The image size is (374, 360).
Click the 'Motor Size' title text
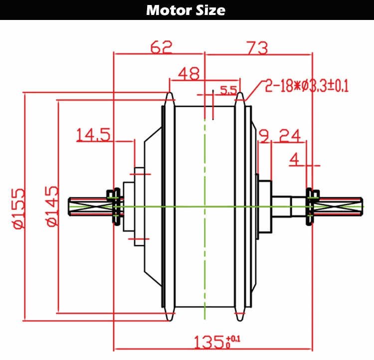[186, 10]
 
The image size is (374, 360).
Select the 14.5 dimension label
[93, 135]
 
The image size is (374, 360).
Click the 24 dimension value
[289, 135]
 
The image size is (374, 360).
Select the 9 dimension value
[264, 135]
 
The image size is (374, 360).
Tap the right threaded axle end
[339, 205]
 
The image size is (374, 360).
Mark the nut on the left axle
[115, 206]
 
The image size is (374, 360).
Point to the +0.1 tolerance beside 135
[233, 340]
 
